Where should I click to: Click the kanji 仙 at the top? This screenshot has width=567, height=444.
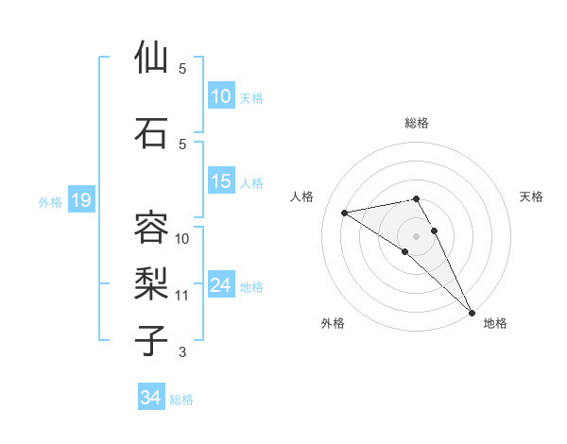pyautogui.click(x=152, y=58)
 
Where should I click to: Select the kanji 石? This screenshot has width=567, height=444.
pyautogui.click(x=152, y=132)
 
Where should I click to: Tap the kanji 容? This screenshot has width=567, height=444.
pyautogui.click(x=152, y=228)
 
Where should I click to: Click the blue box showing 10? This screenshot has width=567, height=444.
pyautogui.click(x=221, y=97)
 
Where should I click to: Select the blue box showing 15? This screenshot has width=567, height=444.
pyautogui.click(x=221, y=182)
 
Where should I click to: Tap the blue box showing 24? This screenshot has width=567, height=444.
pyautogui.click(x=221, y=286)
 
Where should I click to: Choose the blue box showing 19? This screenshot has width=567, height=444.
pyautogui.click(x=81, y=200)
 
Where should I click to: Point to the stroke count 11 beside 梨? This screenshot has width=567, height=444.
pyautogui.click(x=182, y=296)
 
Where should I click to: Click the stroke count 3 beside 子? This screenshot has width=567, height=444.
pyautogui.click(x=182, y=352)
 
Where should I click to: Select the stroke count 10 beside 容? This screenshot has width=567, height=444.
pyautogui.click(x=182, y=238)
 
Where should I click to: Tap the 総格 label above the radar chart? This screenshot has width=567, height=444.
pyautogui.click(x=417, y=123)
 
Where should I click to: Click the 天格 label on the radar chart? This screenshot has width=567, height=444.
pyautogui.click(x=531, y=196)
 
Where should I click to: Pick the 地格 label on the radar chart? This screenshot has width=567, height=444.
pyautogui.click(x=495, y=323)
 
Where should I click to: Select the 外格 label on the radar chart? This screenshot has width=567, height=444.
pyautogui.click(x=333, y=323)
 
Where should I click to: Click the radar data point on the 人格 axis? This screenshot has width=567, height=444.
pyautogui.click(x=345, y=213)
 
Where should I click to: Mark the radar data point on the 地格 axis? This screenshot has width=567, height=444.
pyautogui.click(x=472, y=311)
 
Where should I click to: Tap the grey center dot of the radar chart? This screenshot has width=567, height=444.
pyautogui.click(x=417, y=235)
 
